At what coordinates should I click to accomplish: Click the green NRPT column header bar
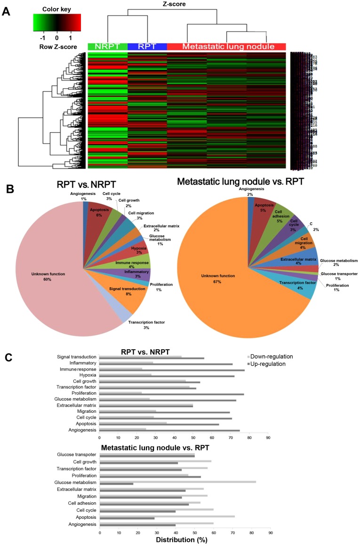pos(107,47)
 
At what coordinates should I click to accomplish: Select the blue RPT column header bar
pos(147,47)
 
